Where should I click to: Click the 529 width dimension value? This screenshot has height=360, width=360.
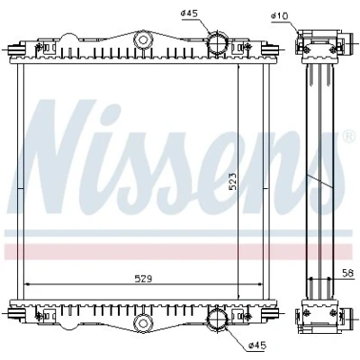pyautogui.click(x=143, y=279)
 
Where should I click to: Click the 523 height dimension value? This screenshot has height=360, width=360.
pyautogui.click(x=233, y=182)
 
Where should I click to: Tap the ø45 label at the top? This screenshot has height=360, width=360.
pyautogui.click(x=190, y=13)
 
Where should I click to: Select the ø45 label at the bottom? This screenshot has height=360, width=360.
pyautogui.click(x=257, y=346)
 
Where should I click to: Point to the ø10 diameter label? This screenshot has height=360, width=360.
pyautogui.click(x=279, y=16)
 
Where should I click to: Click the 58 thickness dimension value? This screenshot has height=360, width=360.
pyautogui.click(x=348, y=273)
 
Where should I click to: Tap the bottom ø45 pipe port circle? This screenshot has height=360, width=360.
pyautogui.click(x=218, y=319)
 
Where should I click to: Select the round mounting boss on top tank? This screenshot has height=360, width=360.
pyautogui.click(x=143, y=40)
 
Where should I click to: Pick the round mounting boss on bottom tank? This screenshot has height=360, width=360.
pyautogui.click(x=143, y=322)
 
